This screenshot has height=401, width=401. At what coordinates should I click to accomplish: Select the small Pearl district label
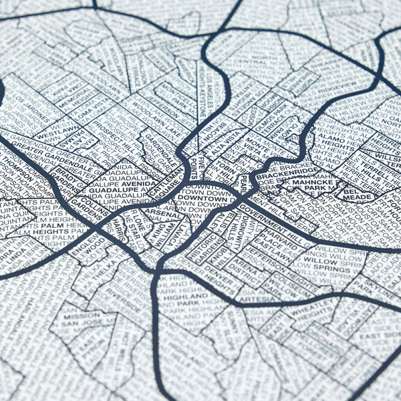[x=244, y=182]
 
